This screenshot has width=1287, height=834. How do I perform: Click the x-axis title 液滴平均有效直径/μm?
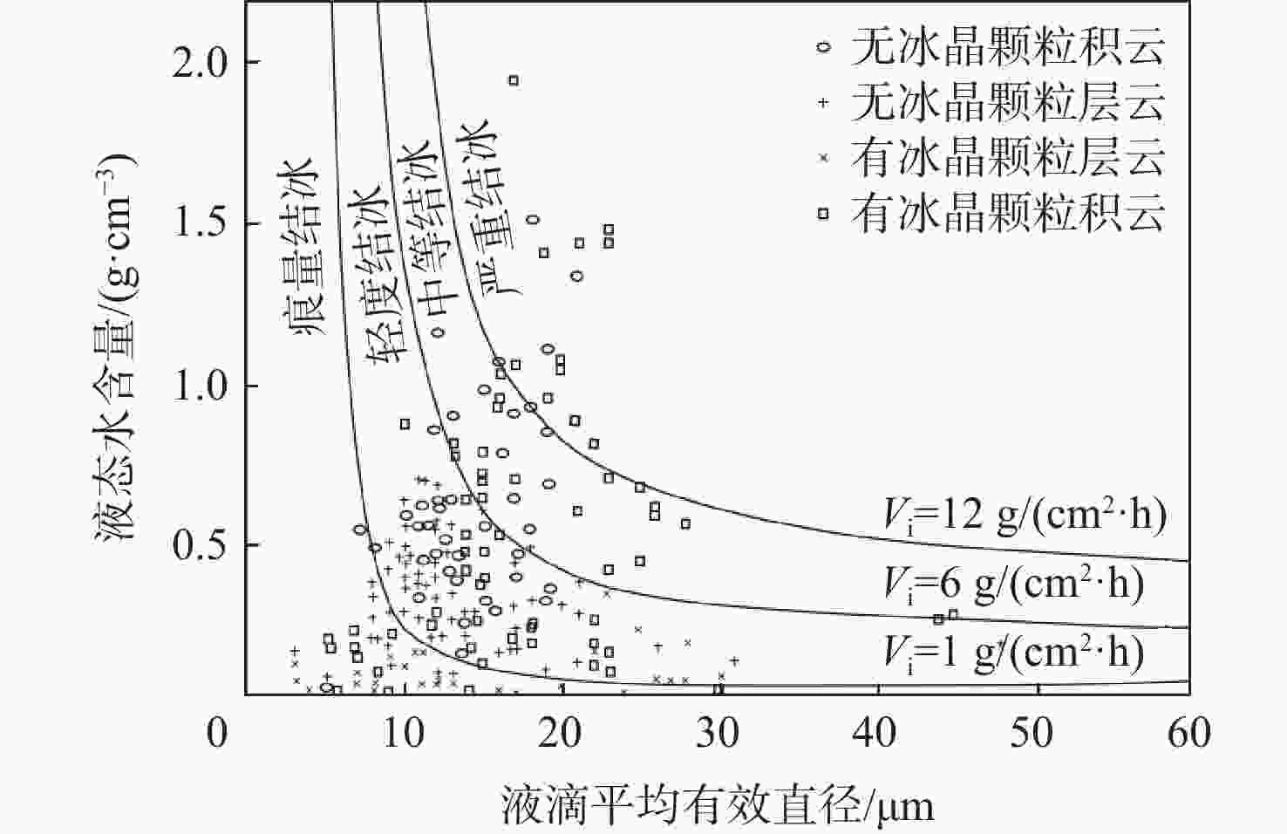[x=718, y=804]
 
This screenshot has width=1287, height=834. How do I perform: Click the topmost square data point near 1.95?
[x=514, y=80]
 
